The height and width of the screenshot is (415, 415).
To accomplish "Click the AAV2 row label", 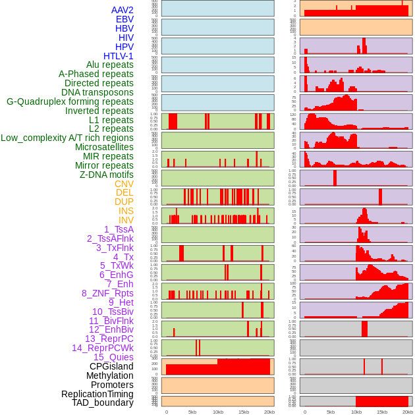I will (122, 10).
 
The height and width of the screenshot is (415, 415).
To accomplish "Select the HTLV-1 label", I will (118, 56).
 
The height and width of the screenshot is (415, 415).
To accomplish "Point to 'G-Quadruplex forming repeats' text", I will (70, 101).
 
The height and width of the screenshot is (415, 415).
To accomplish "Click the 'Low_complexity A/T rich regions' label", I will (67, 138).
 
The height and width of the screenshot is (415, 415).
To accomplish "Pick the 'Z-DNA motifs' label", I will (106, 175).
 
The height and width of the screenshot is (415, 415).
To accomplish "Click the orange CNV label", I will (124, 184).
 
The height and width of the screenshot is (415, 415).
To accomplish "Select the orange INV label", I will (126, 220).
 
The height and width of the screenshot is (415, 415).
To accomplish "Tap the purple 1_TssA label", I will (119, 229).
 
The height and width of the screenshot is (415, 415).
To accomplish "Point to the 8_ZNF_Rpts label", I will (107, 293).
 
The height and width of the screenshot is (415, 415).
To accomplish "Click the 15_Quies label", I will (113, 357).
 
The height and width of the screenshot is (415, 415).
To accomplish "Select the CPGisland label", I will (111, 366).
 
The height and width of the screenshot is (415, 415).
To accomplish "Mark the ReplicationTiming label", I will (97, 394).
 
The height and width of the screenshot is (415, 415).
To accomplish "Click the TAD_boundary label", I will (102, 402).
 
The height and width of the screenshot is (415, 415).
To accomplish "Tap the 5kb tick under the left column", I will (192, 412).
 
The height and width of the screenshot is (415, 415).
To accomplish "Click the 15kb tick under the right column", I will (382, 412).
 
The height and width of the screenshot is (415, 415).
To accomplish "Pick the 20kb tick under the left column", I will (269, 412).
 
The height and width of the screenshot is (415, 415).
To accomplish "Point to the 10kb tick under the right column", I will (356, 412).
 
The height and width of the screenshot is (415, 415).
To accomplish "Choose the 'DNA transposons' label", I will (97, 92).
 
